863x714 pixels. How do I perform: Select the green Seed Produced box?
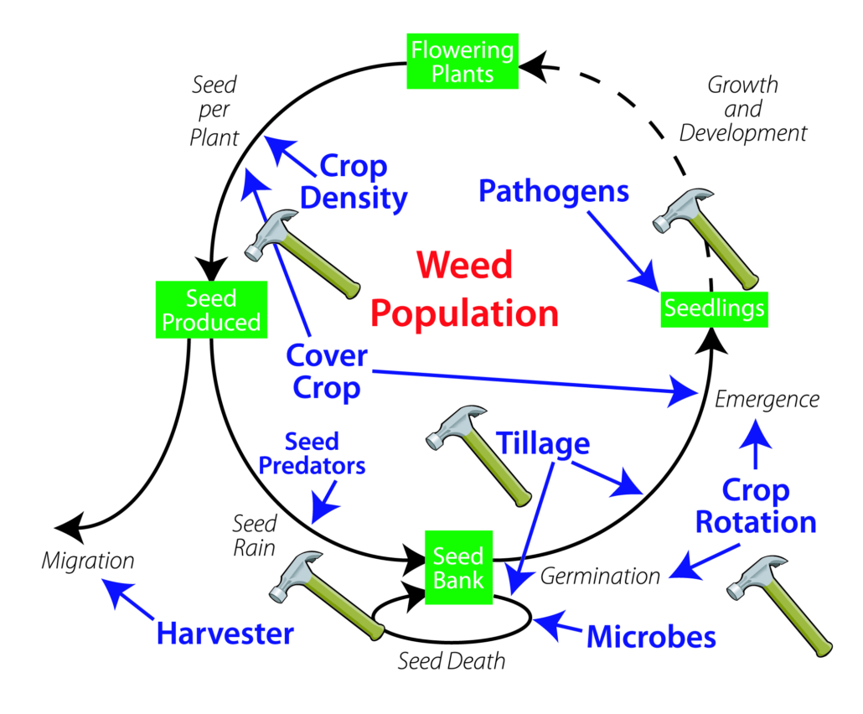coord(211,309)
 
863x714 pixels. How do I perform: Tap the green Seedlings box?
coord(714,308)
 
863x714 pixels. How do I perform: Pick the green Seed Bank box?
coord(457,567)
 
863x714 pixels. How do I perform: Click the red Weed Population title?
coord(465,289)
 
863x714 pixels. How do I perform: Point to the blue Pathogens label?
coord(554,190)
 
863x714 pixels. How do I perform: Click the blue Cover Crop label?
coord(326,371)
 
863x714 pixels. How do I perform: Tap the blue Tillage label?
coord(544,442)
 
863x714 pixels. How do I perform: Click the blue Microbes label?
coord(651,636)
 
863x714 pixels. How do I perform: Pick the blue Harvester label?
coord(225,633)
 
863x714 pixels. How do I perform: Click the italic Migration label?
coord(88,560)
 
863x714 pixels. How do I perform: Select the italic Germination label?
coord(600,576)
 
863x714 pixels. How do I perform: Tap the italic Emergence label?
coord(767,399)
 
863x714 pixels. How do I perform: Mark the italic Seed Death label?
coord(452,660)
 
